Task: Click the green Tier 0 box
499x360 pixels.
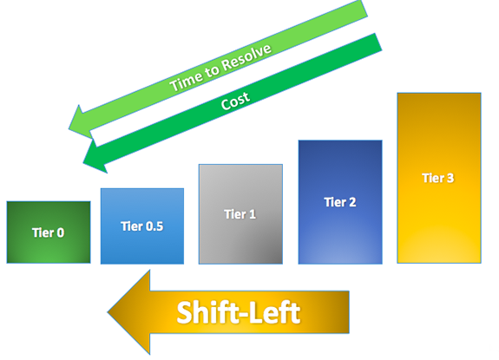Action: point(49,232)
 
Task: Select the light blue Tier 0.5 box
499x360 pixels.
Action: point(142,226)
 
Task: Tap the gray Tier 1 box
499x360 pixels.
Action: point(240,213)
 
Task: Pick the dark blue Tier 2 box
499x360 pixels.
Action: point(340,201)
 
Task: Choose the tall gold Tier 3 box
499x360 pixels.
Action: point(438,178)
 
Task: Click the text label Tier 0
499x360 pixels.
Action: point(49,232)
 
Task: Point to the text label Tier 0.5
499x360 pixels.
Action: point(142,226)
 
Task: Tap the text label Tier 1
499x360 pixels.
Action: point(240,214)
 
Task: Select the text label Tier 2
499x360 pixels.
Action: point(340,202)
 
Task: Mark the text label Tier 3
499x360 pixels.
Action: point(438,178)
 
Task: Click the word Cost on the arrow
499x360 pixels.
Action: point(236,101)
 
